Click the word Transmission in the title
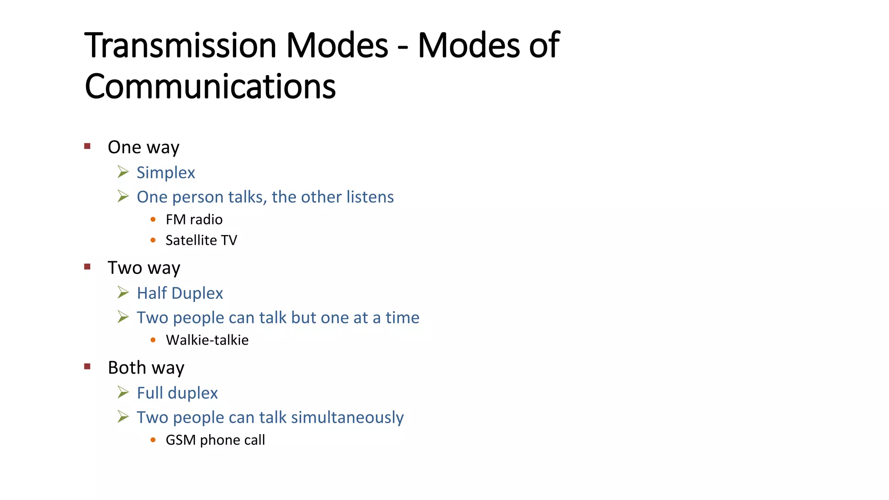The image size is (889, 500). [x=181, y=46]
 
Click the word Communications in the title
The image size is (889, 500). [x=210, y=86]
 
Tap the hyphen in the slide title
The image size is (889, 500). [x=403, y=48]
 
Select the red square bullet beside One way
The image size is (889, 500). [x=87, y=146]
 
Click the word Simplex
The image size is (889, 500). [x=166, y=173]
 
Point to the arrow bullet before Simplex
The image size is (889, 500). [x=123, y=172]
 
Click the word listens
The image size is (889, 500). [x=370, y=197]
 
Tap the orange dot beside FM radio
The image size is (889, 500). [x=153, y=220]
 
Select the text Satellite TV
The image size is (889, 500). [x=201, y=240]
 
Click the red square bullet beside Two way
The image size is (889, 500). [x=87, y=267]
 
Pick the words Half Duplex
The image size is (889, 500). [x=180, y=293]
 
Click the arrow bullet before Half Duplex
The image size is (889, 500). [x=123, y=293]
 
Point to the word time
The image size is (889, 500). [x=402, y=318]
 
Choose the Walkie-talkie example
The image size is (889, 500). [x=207, y=340]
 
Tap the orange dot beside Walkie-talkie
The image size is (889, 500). [x=153, y=340]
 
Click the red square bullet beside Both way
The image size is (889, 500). [x=87, y=367]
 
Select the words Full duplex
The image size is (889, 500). [x=177, y=393]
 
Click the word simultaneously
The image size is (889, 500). [x=347, y=418]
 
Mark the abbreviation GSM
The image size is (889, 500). [x=181, y=440]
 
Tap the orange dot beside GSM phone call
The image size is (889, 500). [x=153, y=440]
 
